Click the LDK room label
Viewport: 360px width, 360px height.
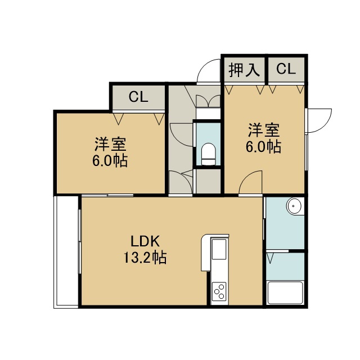point(145,241)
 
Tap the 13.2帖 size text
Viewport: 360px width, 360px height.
point(145,258)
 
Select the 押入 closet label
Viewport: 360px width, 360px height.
point(244,70)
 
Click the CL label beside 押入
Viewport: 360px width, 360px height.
point(286,69)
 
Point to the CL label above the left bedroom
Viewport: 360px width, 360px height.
point(138,97)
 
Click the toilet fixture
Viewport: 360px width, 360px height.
point(209,154)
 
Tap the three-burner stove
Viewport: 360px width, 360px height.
point(219,291)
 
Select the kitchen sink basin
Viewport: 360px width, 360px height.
point(219,249)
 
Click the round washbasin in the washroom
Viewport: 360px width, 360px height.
point(294,205)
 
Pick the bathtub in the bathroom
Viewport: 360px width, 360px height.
point(285,292)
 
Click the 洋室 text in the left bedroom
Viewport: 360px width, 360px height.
point(110,145)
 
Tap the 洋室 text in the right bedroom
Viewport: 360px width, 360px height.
point(264,130)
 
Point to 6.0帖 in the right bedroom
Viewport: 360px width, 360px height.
point(264,146)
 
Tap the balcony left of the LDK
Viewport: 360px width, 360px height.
point(66,252)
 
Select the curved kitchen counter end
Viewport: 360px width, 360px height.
point(205,252)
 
